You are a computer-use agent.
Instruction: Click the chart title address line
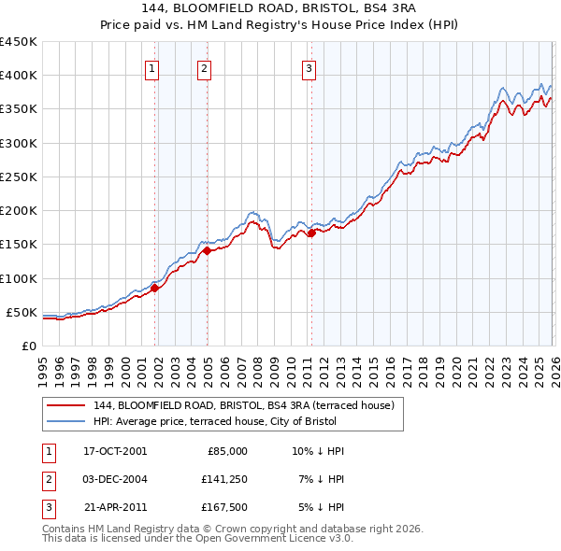click(x=280, y=8)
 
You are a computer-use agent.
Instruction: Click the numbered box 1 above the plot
click(x=151, y=66)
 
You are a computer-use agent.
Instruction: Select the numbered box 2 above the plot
click(x=204, y=66)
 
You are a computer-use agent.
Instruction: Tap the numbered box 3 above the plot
click(x=309, y=66)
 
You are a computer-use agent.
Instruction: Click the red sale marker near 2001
click(x=155, y=288)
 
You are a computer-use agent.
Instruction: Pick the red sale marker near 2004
click(x=207, y=250)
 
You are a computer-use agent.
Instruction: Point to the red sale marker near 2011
click(x=311, y=233)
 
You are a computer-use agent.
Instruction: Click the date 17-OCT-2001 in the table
click(x=115, y=451)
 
